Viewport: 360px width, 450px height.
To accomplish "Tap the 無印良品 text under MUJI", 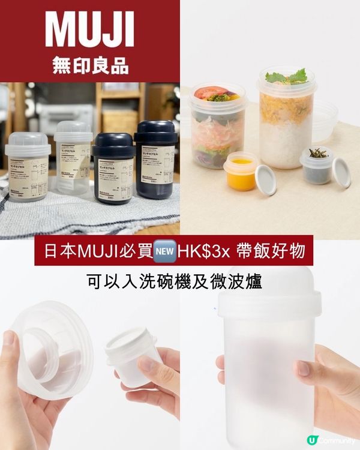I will click(x=90, y=65).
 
